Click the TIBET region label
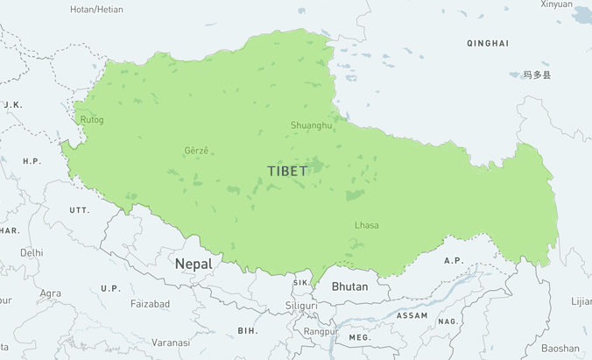[287, 171]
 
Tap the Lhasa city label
[367, 225]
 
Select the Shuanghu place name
[312, 125]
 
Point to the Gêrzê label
[197, 151]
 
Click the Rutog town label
[92, 120]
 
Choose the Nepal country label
[193, 264]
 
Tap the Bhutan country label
[349, 286]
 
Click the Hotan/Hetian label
[96, 10]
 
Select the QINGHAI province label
[488, 43]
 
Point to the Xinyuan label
[556, 4]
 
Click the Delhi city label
[32, 252]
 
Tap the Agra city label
[51, 293]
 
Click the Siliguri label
[301, 306]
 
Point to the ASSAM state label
[412, 315]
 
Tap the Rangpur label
[321, 332]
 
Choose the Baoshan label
[560, 348]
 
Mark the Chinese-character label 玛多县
[538, 75]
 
